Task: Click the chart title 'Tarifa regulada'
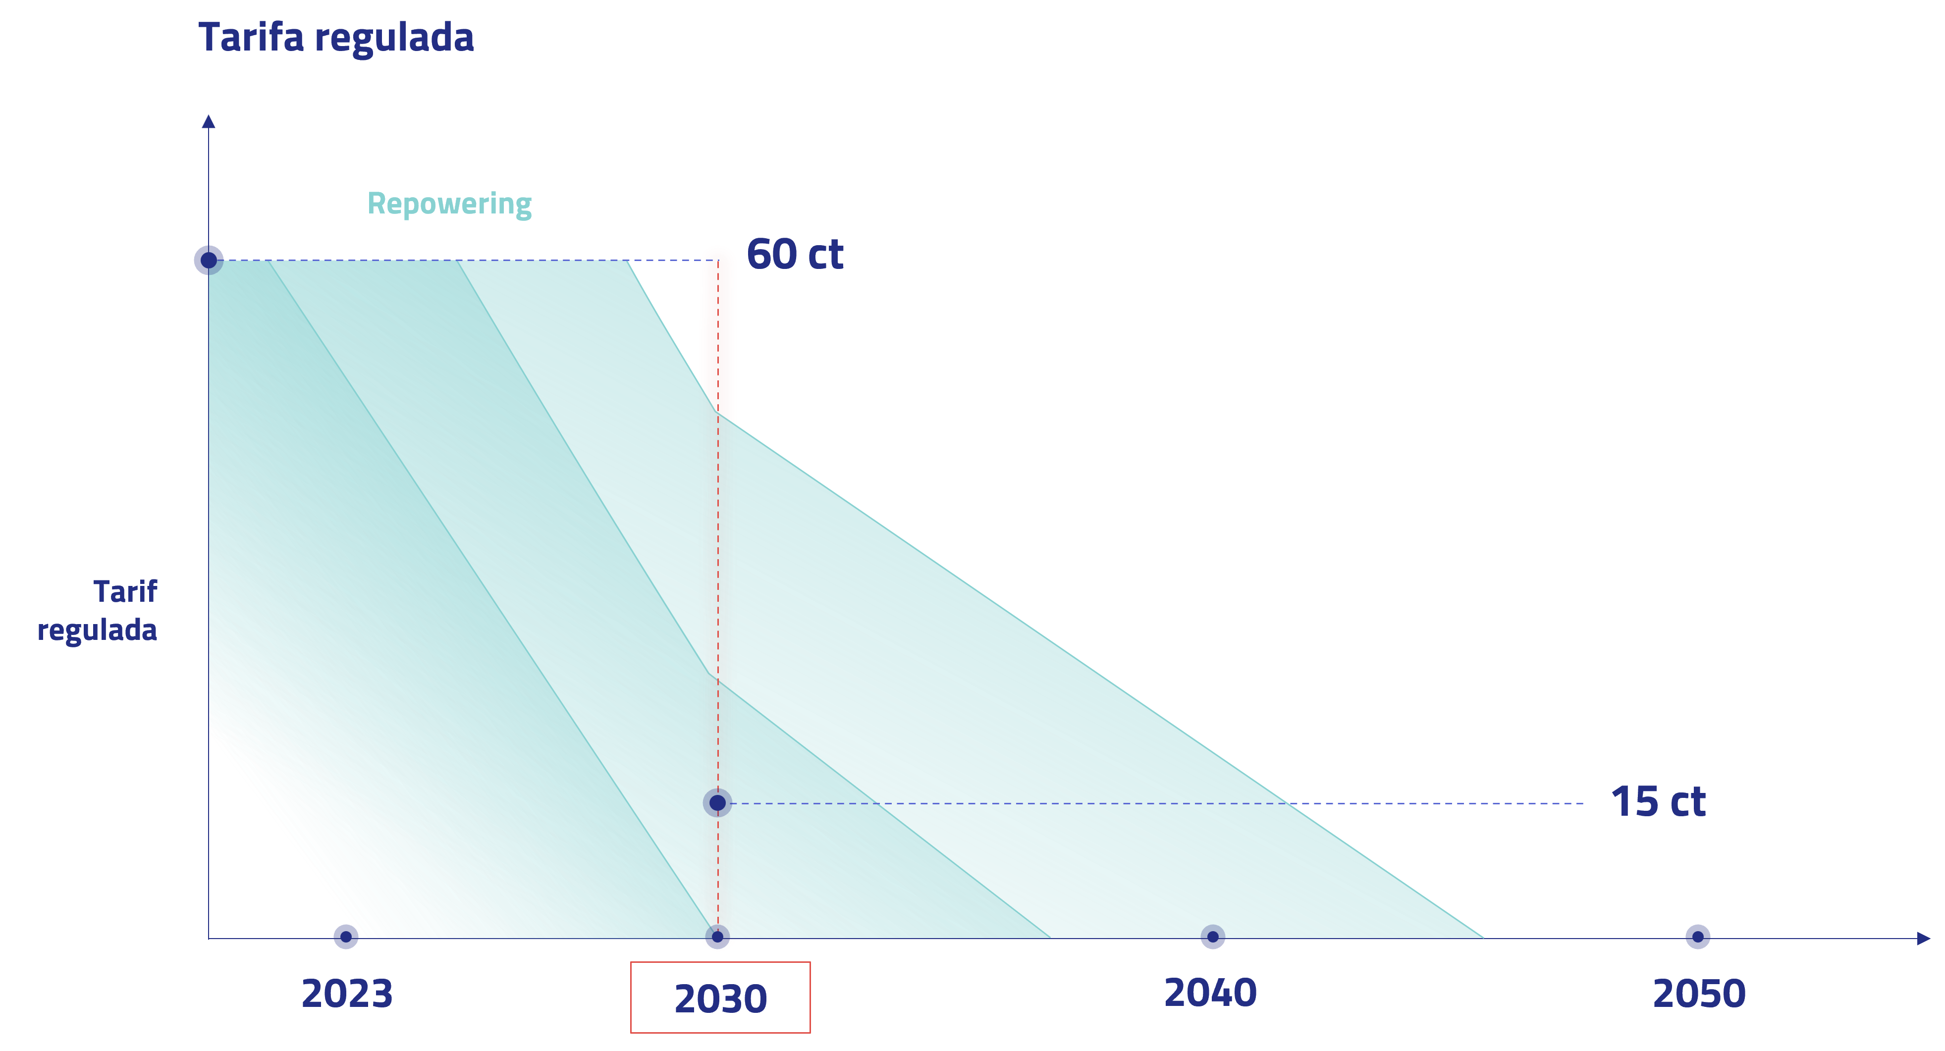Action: coord(336,38)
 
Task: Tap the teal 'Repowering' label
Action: coord(449,204)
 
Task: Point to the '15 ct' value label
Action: coord(1658,802)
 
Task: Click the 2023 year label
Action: coord(347,994)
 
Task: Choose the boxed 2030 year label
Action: coord(720,998)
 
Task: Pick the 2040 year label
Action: coord(1210,993)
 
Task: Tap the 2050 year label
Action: coord(1699,994)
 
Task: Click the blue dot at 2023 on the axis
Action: coord(346,937)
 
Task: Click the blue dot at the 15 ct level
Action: coord(717,802)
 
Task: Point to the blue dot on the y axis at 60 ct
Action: coord(209,260)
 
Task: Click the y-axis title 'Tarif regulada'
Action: coord(98,611)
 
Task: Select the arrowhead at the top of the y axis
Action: coord(209,121)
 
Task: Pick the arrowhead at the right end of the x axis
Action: coord(1923,939)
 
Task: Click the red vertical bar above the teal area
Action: coord(718,332)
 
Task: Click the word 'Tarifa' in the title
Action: coord(252,38)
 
